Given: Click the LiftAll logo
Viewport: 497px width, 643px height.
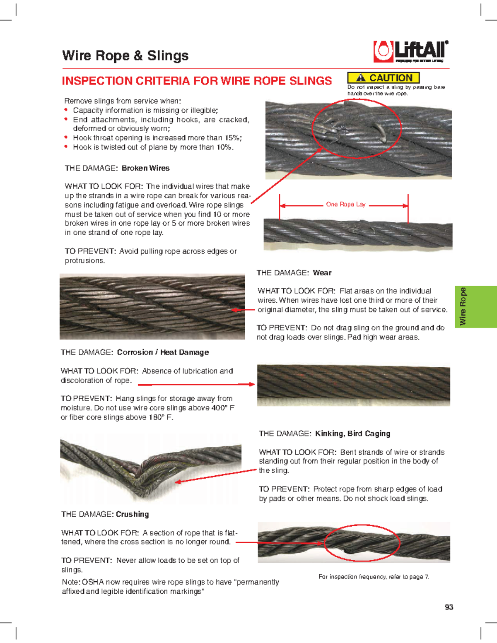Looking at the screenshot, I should point(410,52).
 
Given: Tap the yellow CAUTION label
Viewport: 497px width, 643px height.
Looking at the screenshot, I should point(383,78).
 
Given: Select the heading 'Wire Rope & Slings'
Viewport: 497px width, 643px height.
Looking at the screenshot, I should point(125,55).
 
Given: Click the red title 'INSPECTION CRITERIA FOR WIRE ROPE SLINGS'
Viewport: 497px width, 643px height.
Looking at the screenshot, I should point(197,81).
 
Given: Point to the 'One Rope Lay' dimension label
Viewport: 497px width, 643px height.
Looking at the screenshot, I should point(345,205).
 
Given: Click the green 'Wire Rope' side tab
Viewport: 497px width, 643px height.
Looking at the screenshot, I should point(475,306).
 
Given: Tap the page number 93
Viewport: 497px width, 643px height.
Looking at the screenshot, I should point(449,607).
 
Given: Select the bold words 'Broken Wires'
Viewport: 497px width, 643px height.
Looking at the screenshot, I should point(145,168).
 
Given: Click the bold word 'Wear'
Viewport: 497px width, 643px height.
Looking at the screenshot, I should point(322,273).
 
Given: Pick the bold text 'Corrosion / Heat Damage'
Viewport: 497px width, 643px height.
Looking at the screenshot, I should point(163,352).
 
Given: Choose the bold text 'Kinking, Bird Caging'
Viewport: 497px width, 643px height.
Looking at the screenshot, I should point(352,433).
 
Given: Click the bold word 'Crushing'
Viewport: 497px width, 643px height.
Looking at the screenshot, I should point(132,514).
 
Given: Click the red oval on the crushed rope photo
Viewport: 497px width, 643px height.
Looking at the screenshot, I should point(362,542).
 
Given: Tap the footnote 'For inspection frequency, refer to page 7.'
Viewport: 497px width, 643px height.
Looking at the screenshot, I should point(374,577).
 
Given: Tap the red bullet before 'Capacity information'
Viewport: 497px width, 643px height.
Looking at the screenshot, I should point(66,110).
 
